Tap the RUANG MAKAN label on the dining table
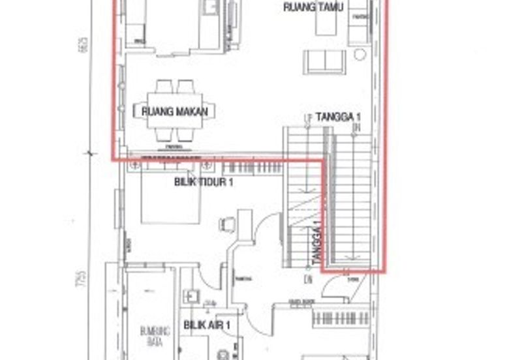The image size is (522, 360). tap(174, 112)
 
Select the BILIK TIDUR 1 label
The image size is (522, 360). tap(204, 183)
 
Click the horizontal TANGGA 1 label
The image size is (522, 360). tap(339, 117)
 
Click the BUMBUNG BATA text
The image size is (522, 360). tap(155, 336)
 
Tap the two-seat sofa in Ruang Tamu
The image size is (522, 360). tap(324, 61)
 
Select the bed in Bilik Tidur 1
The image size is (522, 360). tap(170, 196)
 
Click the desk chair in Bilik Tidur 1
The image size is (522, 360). tap(227, 224)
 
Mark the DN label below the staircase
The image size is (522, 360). tap(307, 280)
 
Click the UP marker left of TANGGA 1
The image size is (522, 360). tap(306, 117)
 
